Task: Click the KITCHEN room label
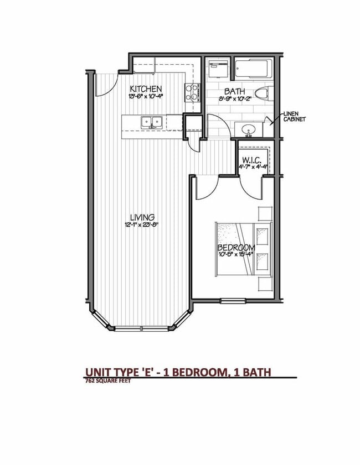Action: [146, 89]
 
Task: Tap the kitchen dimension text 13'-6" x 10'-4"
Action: [146, 97]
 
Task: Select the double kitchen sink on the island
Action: [151, 122]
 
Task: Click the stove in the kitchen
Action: [192, 92]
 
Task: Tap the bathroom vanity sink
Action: [249, 129]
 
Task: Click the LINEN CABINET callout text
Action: [294, 116]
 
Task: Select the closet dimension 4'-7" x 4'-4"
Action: [253, 165]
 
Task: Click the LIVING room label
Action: [142, 217]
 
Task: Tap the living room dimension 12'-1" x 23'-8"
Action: [142, 225]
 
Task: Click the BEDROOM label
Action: [236, 247]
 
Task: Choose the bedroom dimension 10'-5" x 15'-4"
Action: [236, 255]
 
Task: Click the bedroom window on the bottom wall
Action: [233, 301]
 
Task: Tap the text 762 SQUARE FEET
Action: [108, 380]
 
